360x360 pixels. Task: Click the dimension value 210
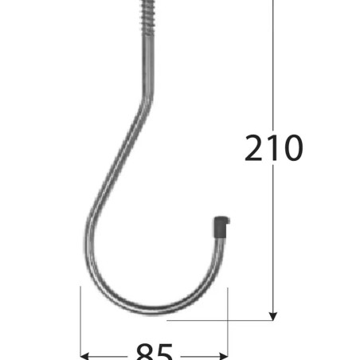coord(273,147)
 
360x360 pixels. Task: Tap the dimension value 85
coord(155,352)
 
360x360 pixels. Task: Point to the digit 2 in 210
coord(253,147)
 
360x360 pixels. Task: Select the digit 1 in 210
coord(272,147)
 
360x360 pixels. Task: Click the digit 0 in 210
coord(292,147)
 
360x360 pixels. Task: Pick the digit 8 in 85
coord(145,352)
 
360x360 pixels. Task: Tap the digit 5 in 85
coord(165,352)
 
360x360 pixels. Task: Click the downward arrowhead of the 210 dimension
coord(273,316)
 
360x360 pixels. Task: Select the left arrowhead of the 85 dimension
coord(84,356)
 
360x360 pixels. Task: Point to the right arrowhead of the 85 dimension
coord(224,356)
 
